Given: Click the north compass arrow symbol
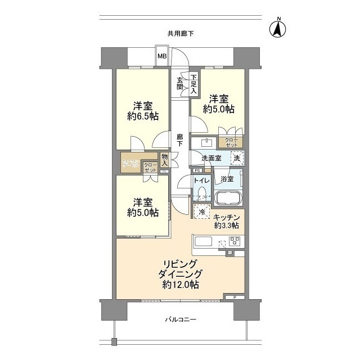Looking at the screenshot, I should pos(278,28).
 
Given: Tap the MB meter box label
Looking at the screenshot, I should pos(161,56).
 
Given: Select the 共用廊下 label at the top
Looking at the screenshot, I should pos(180,34).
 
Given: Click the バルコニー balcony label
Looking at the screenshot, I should pos(180,319).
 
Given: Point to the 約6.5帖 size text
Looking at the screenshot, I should pos(142,117).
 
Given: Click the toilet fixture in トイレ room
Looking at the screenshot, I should pos(201,194).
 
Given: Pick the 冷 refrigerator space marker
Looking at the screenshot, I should pos(202,212).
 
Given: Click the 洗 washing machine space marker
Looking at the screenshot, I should pos(237,158).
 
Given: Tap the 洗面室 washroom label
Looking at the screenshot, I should pos(210,159).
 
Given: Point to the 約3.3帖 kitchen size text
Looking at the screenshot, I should pos(227,226).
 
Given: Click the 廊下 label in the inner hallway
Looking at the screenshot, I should pos(179,139).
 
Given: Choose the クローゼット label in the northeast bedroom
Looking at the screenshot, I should pos(231,142).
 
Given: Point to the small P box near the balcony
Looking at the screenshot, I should pos(234,296).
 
